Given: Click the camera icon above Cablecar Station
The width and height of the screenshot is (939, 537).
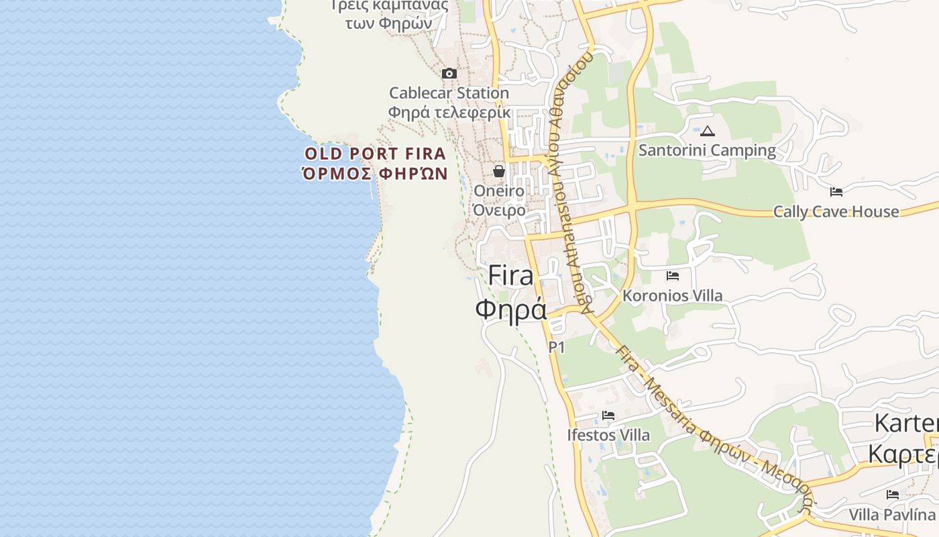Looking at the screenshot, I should [449, 73].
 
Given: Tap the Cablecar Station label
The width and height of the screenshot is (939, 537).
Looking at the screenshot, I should [449, 93].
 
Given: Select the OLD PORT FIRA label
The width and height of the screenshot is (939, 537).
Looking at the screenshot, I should [375, 154].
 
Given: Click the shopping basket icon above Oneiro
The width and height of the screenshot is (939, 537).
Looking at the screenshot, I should [499, 171].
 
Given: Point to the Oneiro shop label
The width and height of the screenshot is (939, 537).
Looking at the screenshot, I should [499, 191].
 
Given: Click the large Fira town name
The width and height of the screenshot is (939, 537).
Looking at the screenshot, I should [511, 275].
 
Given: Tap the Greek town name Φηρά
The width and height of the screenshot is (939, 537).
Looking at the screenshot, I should [511, 309].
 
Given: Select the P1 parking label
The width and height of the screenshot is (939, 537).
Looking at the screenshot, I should [557, 347].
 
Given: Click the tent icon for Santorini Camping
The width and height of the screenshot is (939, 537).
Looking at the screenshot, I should [708, 131].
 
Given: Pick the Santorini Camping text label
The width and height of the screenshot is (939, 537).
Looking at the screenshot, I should [707, 150].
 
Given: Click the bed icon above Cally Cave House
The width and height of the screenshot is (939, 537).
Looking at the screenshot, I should [836, 192].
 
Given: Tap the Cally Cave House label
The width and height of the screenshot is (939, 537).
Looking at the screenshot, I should [836, 211].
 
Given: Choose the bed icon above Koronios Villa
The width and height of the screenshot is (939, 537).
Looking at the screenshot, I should [673, 276].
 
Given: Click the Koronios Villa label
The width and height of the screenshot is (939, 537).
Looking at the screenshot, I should [673, 295].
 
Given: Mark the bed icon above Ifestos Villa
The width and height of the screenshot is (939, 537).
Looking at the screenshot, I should [608, 416].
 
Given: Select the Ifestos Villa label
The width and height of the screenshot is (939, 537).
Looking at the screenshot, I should [608, 435].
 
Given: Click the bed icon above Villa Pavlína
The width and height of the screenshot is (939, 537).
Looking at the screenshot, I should [892, 495].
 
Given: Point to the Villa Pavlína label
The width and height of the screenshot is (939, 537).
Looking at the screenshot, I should [892, 515].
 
